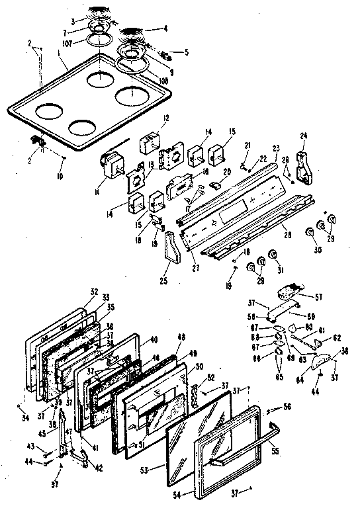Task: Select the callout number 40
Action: tap(154, 340)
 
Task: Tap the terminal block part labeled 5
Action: tap(159, 50)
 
